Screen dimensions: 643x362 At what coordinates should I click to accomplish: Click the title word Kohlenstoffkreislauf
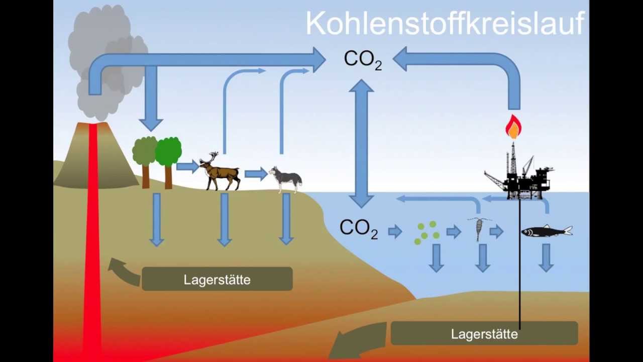click(x=446, y=24)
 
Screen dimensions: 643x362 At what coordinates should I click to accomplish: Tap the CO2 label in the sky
click(x=363, y=60)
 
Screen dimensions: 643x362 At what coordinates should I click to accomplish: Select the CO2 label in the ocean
click(x=359, y=229)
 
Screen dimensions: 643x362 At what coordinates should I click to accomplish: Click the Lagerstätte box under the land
click(x=218, y=279)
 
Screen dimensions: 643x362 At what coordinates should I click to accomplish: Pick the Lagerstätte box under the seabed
click(x=484, y=333)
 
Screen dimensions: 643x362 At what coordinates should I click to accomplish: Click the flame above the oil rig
click(x=513, y=127)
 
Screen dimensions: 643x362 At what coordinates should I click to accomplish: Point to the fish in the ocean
click(x=547, y=231)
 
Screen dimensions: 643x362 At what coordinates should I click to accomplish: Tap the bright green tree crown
click(x=168, y=151)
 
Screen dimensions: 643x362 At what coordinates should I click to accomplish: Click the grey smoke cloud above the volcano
click(x=108, y=60)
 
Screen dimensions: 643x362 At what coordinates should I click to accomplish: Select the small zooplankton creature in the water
click(x=478, y=229)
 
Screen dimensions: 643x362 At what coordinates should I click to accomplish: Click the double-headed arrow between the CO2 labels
click(x=361, y=144)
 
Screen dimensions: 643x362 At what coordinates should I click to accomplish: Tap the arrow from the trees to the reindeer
click(x=187, y=166)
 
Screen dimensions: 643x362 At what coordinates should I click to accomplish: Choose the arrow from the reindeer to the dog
click(x=256, y=174)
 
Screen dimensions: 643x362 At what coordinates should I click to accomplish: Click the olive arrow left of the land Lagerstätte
click(x=124, y=271)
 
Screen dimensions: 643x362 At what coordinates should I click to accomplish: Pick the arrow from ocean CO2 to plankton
click(x=395, y=232)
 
